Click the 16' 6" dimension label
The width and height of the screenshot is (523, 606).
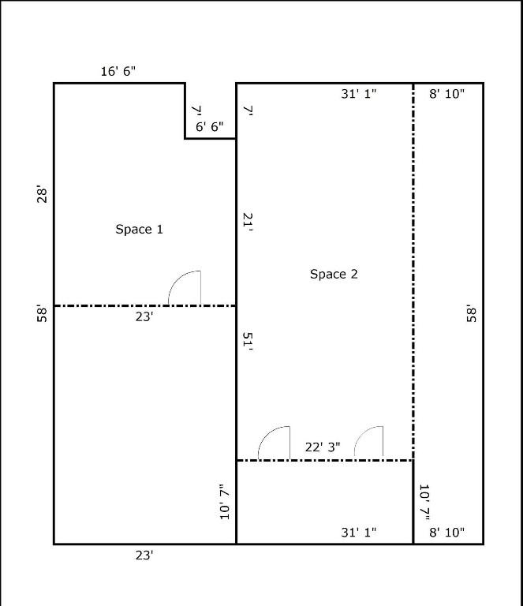(118, 71)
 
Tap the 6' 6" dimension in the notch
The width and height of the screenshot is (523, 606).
(209, 126)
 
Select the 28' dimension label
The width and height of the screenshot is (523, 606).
(42, 194)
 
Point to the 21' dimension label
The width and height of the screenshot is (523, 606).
(248, 222)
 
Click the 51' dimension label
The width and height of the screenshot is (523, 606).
(248, 341)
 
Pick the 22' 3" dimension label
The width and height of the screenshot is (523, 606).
(323, 447)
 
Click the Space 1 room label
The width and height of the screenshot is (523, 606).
(139, 229)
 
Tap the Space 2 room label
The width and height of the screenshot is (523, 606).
(334, 274)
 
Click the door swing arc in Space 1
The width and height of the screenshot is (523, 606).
(178, 279)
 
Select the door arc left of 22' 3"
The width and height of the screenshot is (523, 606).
(267, 434)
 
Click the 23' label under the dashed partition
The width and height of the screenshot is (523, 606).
(144, 317)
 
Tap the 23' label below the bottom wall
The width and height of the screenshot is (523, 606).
(144, 555)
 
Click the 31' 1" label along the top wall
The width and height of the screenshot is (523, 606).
(358, 94)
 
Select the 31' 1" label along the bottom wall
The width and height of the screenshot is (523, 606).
(358, 533)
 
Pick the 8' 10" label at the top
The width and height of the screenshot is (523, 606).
(447, 94)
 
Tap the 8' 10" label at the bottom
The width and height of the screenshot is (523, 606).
(447, 533)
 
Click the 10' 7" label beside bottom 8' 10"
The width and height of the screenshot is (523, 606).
(425, 502)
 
